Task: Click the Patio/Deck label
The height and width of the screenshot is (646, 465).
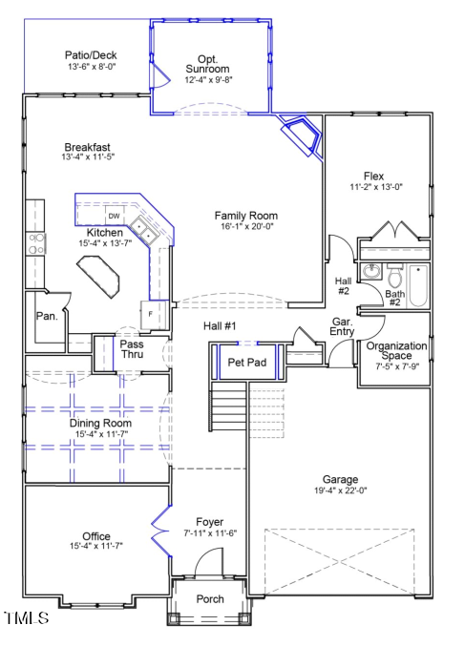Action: click(x=91, y=55)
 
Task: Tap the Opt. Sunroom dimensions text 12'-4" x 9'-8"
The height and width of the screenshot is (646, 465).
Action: click(x=207, y=80)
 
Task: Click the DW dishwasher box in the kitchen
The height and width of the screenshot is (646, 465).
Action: click(x=114, y=217)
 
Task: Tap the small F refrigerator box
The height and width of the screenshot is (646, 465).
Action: click(x=151, y=313)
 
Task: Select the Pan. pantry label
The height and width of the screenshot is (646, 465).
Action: click(x=45, y=315)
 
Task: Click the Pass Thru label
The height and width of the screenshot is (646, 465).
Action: click(x=132, y=348)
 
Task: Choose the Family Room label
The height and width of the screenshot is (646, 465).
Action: click(x=245, y=216)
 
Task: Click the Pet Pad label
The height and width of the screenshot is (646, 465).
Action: click(x=245, y=362)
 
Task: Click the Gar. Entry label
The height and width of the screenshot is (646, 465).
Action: click(x=343, y=327)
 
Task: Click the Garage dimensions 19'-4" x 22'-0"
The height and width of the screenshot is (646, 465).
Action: click(x=341, y=490)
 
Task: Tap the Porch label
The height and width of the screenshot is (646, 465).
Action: click(x=209, y=599)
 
